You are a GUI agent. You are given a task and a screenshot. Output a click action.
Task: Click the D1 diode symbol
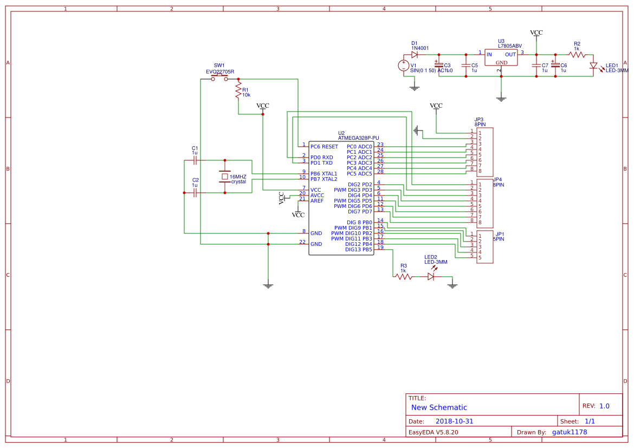(x=415, y=54)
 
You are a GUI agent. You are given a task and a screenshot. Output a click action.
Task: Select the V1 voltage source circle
(x=404, y=66)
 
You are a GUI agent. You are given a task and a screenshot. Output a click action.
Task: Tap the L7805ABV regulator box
(x=501, y=58)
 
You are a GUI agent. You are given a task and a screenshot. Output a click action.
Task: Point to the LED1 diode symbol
(x=593, y=66)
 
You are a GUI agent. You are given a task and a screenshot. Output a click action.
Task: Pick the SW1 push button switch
(x=219, y=78)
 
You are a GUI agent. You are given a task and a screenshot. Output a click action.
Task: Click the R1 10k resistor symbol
(x=238, y=90)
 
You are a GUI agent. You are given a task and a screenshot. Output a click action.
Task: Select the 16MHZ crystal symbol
(x=224, y=176)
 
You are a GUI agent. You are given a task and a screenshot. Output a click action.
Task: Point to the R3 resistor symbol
(x=403, y=276)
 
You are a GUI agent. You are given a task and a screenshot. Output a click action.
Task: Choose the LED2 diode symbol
(x=431, y=276)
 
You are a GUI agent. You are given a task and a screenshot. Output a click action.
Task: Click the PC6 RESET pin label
(x=324, y=146)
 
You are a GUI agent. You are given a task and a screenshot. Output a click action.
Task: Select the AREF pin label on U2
(x=317, y=200)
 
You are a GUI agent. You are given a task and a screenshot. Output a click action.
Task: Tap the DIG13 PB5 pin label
(x=359, y=249)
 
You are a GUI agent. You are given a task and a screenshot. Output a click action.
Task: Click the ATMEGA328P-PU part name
(x=358, y=138)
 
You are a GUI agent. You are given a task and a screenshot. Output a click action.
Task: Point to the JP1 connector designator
(x=500, y=233)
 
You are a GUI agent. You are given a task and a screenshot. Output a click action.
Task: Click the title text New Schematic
(x=439, y=407)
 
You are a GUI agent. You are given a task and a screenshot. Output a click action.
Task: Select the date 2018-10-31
(x=455, y=421)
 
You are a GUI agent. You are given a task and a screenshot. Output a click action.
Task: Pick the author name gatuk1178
(x=569, y=432)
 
